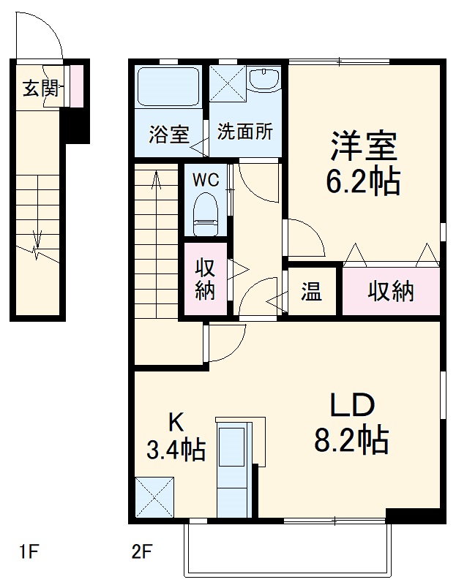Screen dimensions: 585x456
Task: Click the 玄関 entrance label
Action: (40, 89)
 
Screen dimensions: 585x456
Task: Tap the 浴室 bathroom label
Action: (169, 135)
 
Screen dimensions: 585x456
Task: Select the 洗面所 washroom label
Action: (244, 132)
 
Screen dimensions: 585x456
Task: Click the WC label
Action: (204, 178)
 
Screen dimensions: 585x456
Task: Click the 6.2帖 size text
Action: (363, 181)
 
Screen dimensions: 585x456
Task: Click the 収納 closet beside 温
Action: (391, 292)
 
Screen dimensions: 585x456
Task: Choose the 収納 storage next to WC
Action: (204, 279)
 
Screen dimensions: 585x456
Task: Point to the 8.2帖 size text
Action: (351, 441)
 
